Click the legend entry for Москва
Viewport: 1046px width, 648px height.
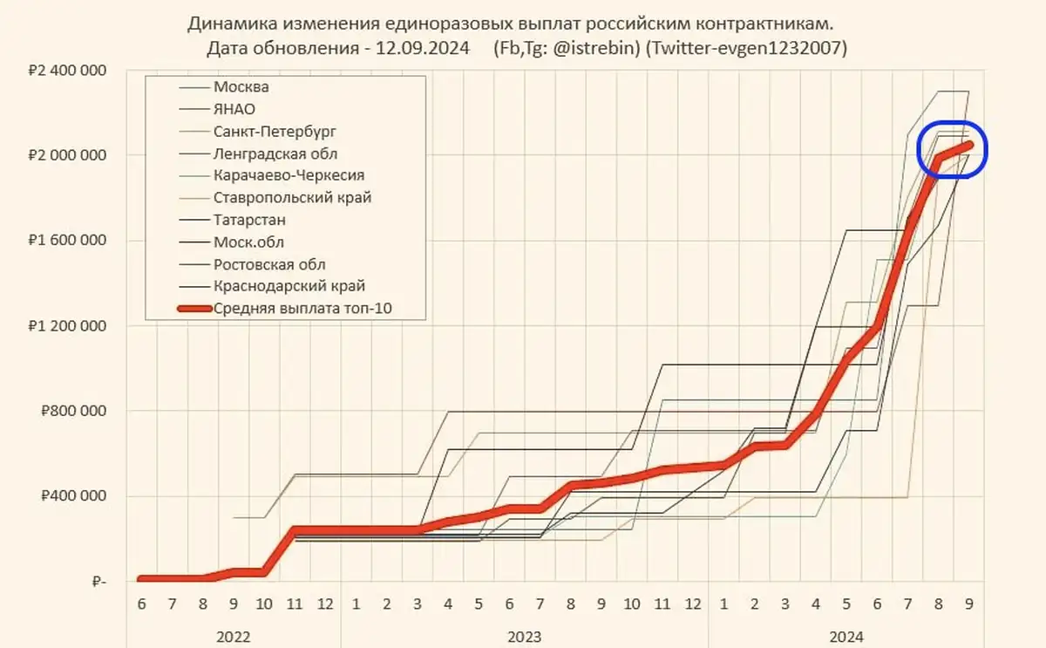click(241, 87)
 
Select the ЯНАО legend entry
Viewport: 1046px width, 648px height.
click(234, 110)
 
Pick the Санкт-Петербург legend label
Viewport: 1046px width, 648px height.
click(274, 132)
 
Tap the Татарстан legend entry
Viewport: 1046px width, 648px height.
click(249, 220)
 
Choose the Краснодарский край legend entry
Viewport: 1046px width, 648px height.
click(289, 285)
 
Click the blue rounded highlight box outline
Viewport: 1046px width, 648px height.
click(985, 149)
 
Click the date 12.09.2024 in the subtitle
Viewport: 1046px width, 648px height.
click(423, 48)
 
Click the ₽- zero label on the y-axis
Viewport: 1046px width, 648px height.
click(97, 582)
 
